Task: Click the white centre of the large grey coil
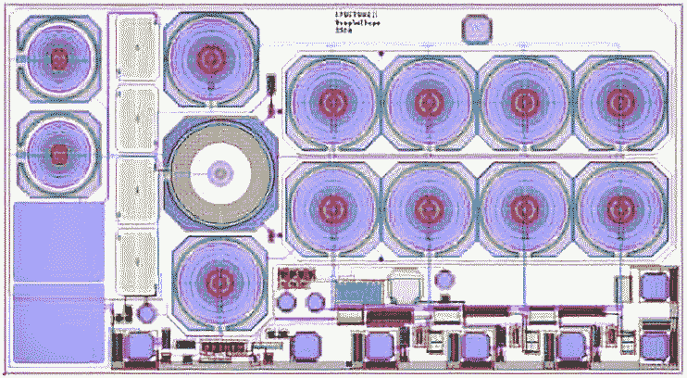point(220,172)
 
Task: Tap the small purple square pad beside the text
point(477,29)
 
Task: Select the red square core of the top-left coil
point(59,57)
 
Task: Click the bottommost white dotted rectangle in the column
point(137,257)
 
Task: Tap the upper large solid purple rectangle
point(57,242)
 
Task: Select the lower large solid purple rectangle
point(57,320)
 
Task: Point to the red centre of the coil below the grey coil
point(219,279)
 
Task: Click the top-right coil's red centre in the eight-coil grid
point(618,99)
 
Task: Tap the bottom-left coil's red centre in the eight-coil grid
point(329,206)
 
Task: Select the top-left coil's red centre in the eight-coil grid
point(329,99)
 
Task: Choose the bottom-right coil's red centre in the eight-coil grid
point(618,206)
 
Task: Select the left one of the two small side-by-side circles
point(287,302)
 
